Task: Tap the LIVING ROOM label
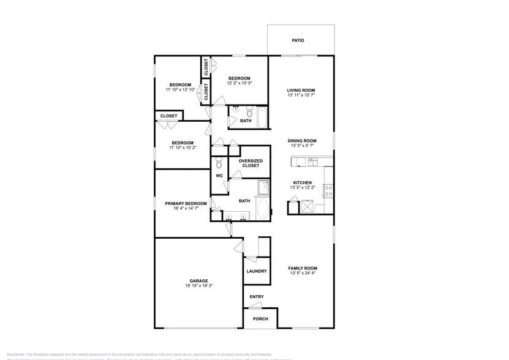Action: point(301,91)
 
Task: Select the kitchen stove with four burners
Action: point(328,190)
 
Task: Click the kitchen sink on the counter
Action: point(312,162)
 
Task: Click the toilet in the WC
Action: point(219,163)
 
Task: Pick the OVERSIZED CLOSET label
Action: point(251,163)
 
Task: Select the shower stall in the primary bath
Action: point(262,187)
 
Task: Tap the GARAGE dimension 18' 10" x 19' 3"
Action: point(198,285)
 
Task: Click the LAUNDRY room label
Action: point(256,271)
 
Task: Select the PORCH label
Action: point(260,319)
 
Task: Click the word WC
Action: point(219,176)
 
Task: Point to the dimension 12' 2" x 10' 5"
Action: point(239,83)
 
